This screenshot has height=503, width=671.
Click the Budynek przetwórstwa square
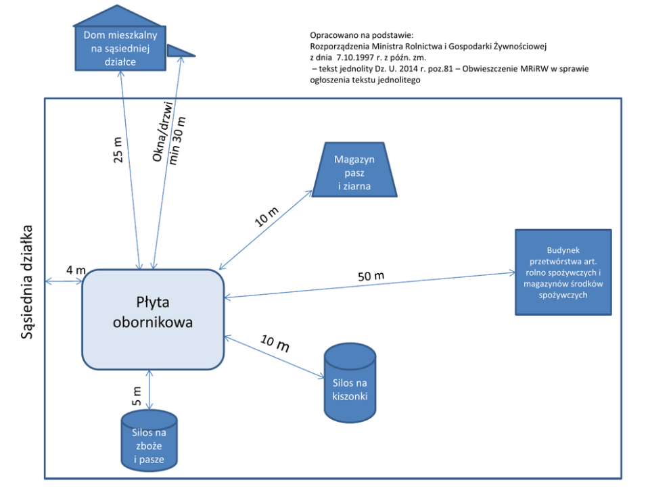563,272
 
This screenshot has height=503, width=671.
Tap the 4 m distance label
76,270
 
